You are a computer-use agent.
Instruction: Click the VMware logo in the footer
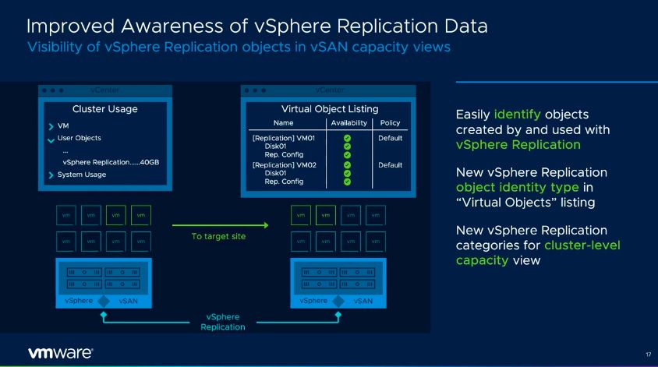pos(60,352)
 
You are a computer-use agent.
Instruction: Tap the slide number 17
pos(648,355)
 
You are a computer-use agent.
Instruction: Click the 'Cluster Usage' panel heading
pos(104,109)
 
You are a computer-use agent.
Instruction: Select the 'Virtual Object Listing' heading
pos(329,109)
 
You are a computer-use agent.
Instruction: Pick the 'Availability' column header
pos(348,123)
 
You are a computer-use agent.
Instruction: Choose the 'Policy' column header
pos(390,123)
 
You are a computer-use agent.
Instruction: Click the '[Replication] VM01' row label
pos(282,139)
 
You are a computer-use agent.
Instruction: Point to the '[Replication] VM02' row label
pos(282,165)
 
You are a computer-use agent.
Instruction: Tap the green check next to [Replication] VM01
pos(347,139)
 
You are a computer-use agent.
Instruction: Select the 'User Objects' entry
pos(79,138)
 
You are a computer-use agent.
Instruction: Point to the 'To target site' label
pos(218,236)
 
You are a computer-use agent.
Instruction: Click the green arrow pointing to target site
pos(219,225)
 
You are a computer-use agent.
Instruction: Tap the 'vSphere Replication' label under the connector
pos(222,322)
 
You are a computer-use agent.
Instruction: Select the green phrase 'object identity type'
pos(516,187)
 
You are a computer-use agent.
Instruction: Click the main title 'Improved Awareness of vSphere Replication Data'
pos(257,26)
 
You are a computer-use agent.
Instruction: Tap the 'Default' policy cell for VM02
pos(390,165)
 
